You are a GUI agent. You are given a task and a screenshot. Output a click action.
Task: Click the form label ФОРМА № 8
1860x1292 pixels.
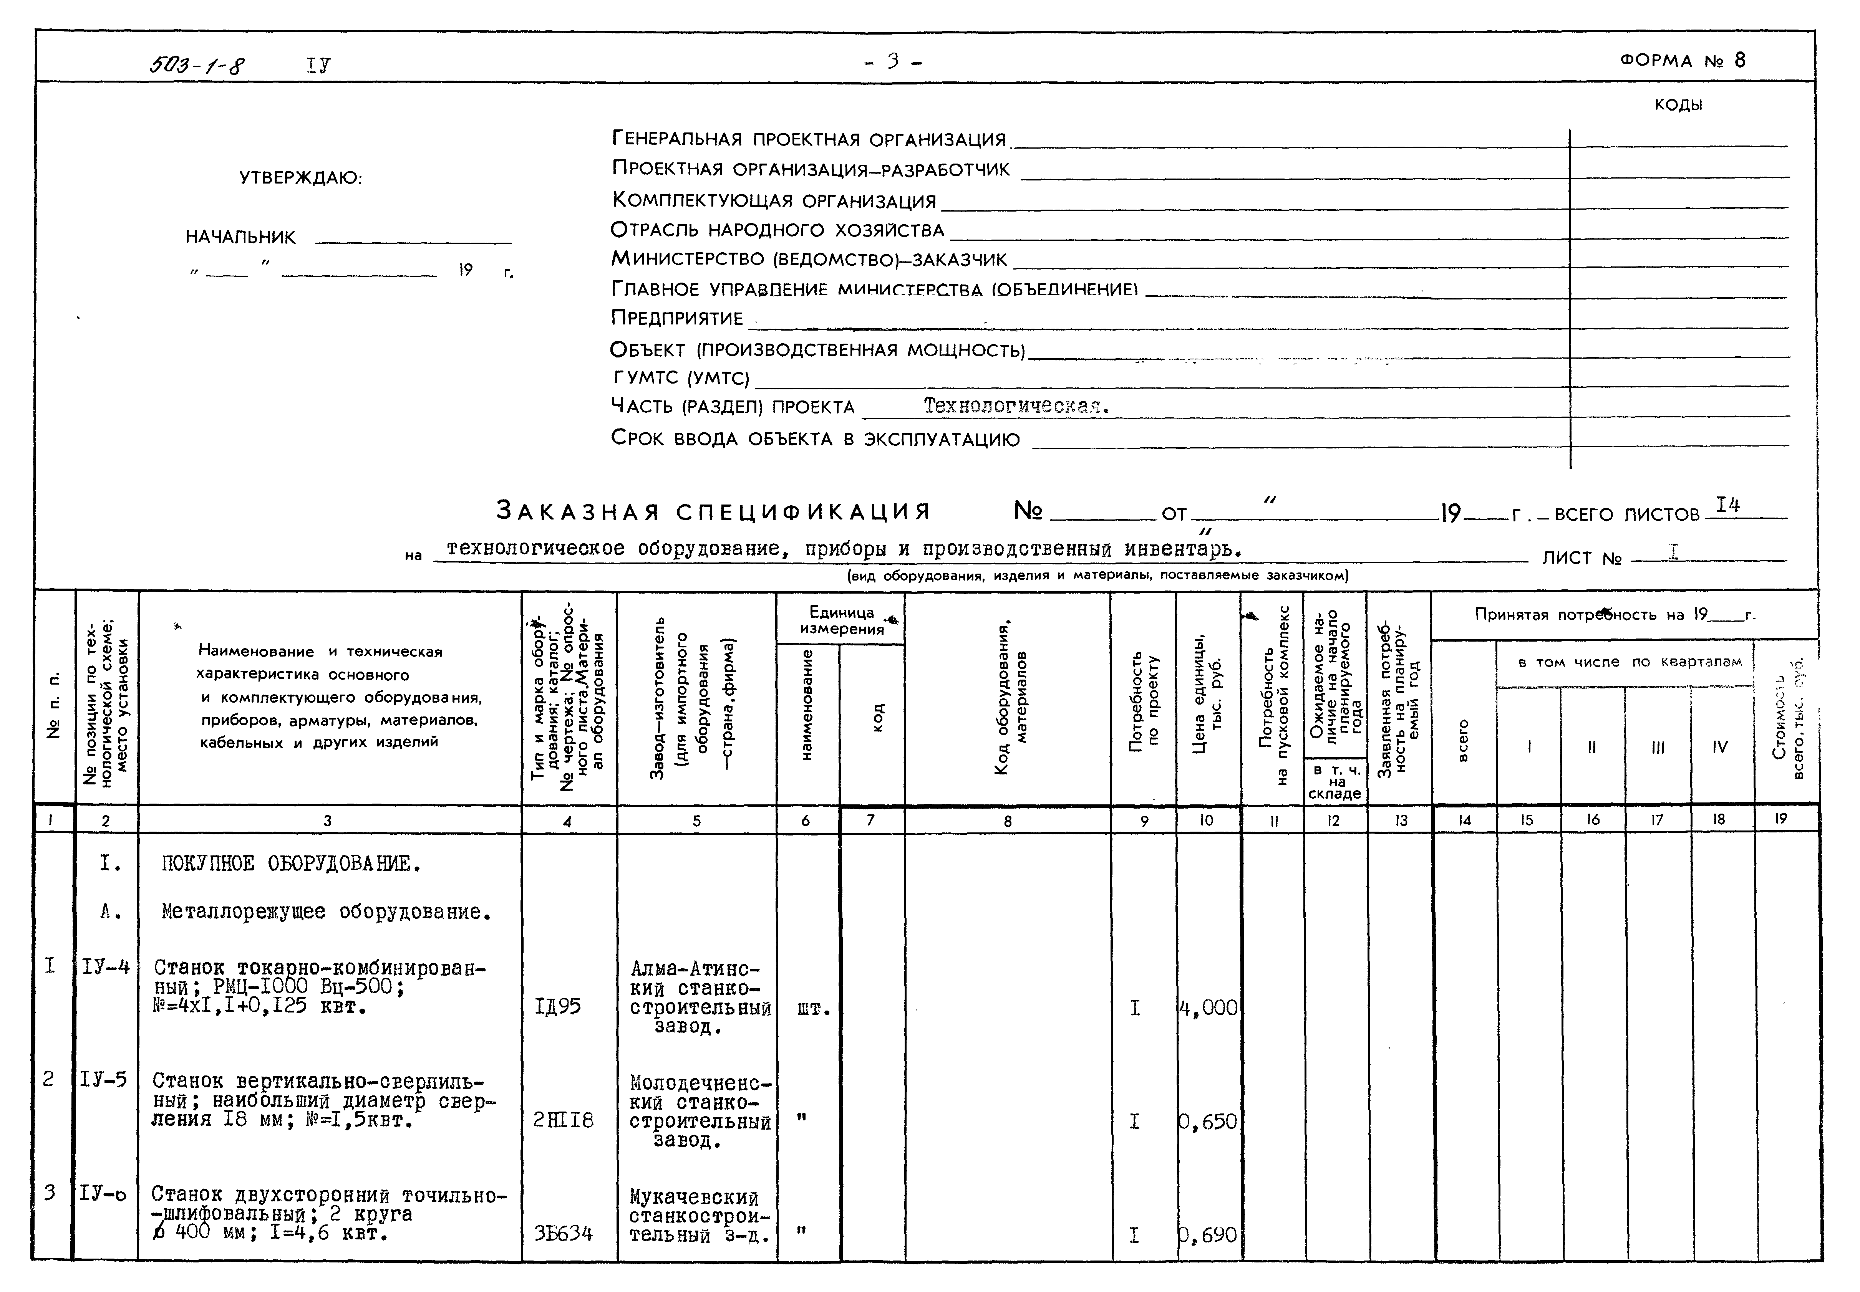coord(1683,61)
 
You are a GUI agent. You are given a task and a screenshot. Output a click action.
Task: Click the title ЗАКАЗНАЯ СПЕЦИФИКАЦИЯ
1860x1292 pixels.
coord(713,512)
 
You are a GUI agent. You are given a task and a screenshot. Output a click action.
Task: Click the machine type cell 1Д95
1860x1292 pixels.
coord(558,1006)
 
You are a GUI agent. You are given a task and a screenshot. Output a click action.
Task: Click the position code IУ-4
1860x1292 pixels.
coord(105,966)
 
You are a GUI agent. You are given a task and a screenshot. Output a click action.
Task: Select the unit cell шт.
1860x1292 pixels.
coord(813,1009)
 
